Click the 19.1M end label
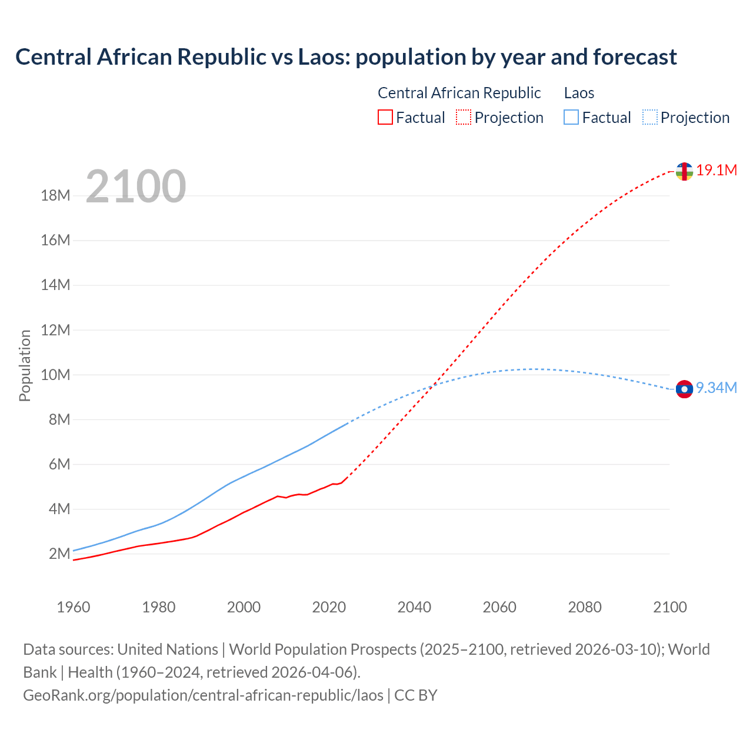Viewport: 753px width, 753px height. [x=717, y=171]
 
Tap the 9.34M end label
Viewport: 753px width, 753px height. [x=717, y=388]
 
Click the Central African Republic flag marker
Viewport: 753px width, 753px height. [x=684, y=171]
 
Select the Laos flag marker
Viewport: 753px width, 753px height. [x=684, y=389]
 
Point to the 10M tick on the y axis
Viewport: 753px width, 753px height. [x=55, y=375]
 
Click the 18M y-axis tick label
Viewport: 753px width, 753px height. [x=55, y=196]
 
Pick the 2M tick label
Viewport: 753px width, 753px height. [x=59, y=554]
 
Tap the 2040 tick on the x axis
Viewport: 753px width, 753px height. [x=414, y=607]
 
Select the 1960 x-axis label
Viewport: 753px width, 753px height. [x=74, y=607]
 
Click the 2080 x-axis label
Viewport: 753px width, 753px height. [x=585, y=607]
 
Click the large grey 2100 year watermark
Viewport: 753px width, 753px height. [x=136, y=186]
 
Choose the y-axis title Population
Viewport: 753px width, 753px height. [x=25, y=365]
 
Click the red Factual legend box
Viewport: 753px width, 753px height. [x=385, y=118]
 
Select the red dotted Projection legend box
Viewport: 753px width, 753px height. [x=464, y=118]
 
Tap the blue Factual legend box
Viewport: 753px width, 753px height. [x=571, y=118]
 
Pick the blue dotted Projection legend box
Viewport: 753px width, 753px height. [x=650, y=118]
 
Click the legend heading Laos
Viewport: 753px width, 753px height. [x=579, y=93]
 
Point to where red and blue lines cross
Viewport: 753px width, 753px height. [x=434, y=385]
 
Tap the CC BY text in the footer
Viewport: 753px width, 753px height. [x=416, y=695]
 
